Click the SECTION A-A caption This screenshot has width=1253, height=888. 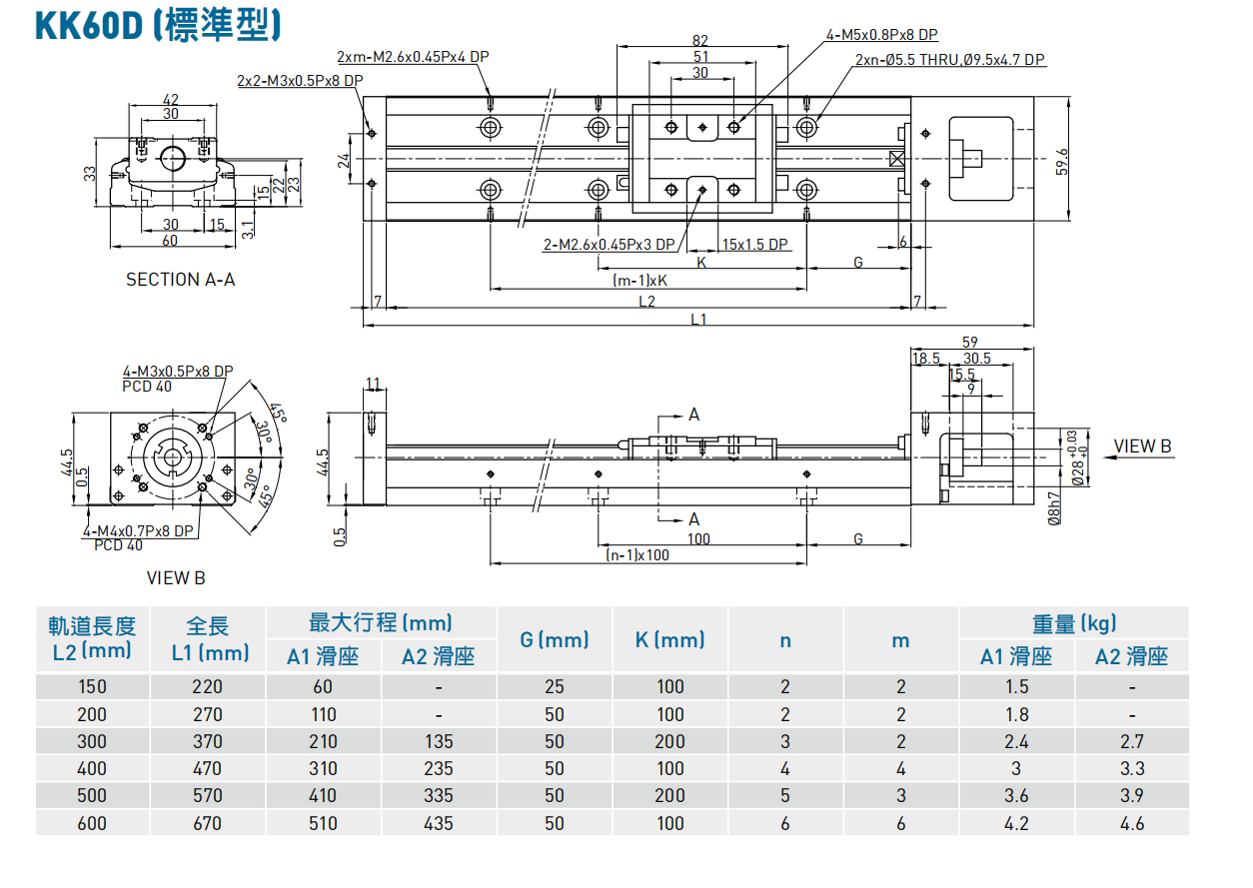[180, 280]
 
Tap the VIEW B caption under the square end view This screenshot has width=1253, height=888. [176, 577]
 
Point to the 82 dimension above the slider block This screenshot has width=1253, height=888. [700, 40]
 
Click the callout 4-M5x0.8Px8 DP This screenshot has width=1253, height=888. [882, 35]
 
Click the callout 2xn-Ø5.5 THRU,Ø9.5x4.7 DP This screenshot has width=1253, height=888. [949, 60]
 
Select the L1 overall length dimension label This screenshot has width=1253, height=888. [698, 319]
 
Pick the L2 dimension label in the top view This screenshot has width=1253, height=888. [646, 301]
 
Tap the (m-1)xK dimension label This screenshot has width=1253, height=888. [639, 282]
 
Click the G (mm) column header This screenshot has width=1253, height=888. [555, 639]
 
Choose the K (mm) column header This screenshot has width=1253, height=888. [669, 639]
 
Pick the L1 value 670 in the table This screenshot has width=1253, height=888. [208, 823]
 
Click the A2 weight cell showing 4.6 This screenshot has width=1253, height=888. [1131, 823]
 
